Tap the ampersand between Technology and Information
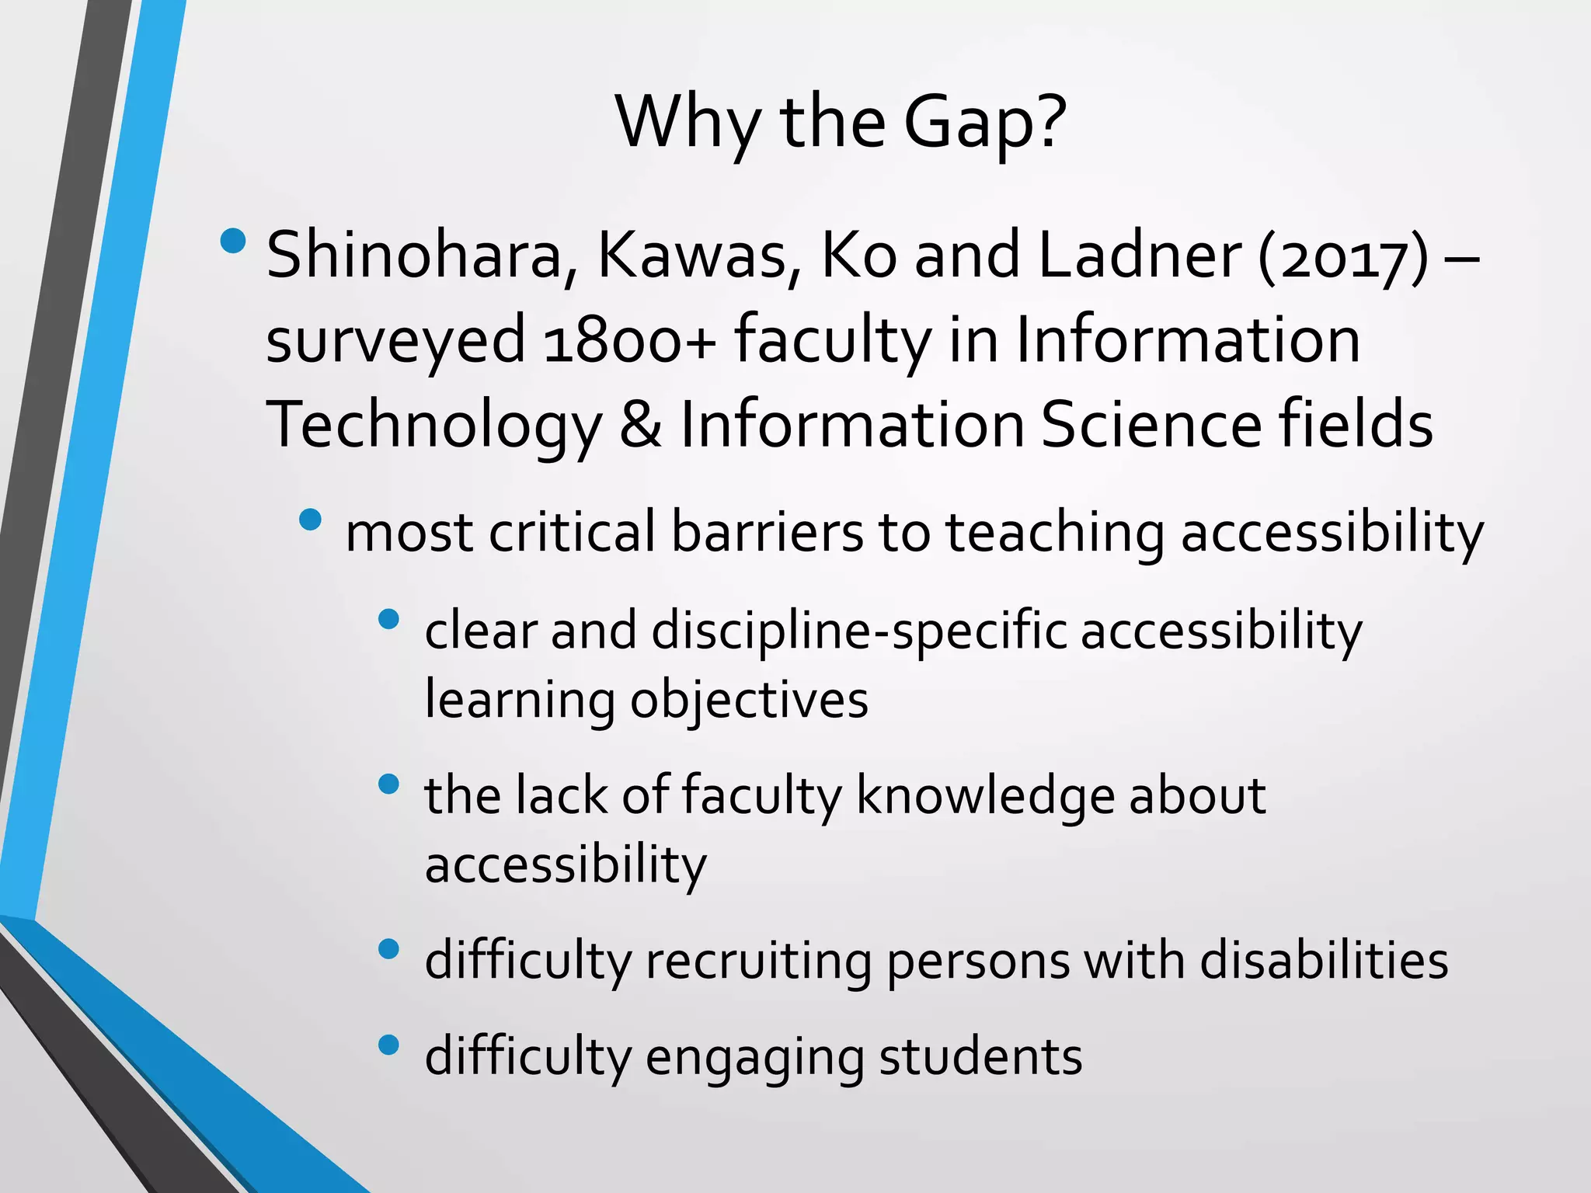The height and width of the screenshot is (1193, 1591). point(641,425)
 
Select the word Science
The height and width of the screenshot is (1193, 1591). point(1151,425)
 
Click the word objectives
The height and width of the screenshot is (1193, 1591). point(749,701)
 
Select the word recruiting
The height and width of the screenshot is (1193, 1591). point(758,962)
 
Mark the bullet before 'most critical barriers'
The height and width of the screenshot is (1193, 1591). point(310,519)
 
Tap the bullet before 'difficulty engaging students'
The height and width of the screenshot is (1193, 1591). point(388,1045)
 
